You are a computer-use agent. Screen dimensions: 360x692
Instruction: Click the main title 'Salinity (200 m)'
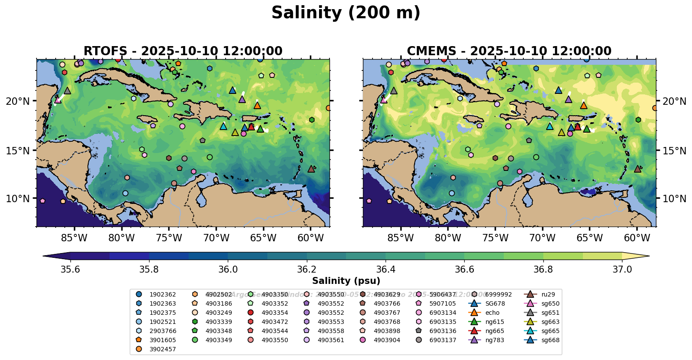click(x=346, y=13)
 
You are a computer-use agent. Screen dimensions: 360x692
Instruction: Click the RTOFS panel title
click(x=183, y=51)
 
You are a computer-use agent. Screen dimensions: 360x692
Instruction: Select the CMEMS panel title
click(x=509, y=51)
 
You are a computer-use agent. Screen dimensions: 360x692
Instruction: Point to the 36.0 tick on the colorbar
click(x=228, y=269)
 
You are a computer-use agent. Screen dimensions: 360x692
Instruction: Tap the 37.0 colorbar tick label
click(x=622, y=269)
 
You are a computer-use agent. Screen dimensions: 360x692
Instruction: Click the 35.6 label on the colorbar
click(x=70, y=269)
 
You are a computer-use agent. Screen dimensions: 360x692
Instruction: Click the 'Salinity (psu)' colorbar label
click(x=346, y=281)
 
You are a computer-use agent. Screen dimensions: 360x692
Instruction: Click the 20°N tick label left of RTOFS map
click(x=18, y=101)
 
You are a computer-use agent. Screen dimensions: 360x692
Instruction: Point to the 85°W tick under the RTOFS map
click(x=74, y=238)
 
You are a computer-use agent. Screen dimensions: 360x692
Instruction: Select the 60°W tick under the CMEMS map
click(x=637, y=238)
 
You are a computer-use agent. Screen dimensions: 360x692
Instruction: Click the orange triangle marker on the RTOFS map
click(x=257, y=105)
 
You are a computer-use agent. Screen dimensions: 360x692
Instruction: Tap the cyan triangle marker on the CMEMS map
click(x=549, y=126)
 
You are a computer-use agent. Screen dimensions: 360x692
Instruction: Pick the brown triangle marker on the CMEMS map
click(x=637, y=169)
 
